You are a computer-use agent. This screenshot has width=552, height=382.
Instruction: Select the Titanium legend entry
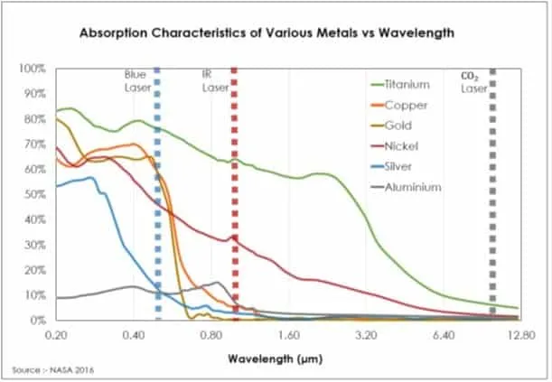pyautogui.click(x=406, y=85)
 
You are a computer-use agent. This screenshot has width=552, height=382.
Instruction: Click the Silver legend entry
pyautogui.click(x=399, y=166)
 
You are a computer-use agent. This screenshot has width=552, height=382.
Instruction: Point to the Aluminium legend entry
pyautogui.click(x=412, y=187)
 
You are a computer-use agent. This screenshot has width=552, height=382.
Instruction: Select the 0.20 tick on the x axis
pyautogui.click(x=56, y=334)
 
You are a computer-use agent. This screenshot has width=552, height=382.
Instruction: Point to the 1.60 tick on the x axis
pyautogui.click(x=288, y=334)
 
